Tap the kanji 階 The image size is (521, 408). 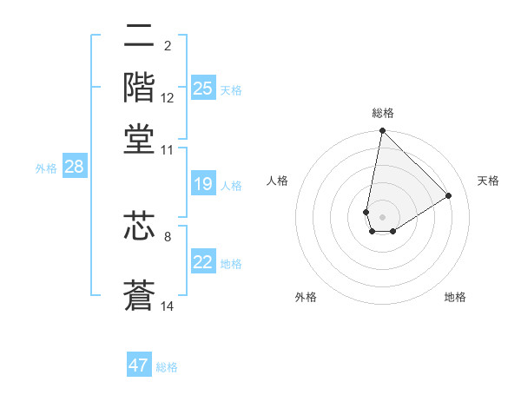tap(139, 88)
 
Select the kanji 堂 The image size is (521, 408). tap(139, 139)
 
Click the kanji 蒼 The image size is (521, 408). tap(139, 295)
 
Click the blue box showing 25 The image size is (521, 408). tap(203, 89)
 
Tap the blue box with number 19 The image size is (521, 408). tap(203, 184)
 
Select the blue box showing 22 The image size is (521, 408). tap(203, 263)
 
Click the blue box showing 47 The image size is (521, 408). tap(139, 365)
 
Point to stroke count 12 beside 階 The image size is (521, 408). tap(168, 98)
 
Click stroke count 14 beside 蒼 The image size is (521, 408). tap(168, 306)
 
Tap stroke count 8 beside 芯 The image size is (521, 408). tap(168, 236)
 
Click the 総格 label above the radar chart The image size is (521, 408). tap(382, 113)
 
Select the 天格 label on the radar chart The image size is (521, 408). tap(488, 181)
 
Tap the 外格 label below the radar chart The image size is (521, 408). tap(306, 297)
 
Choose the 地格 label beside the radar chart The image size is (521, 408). tap(455, 297)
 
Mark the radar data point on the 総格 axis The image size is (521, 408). tap(382, 132)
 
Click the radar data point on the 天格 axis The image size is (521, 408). tap(449, 195)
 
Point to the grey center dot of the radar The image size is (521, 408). tap(382, 217)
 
